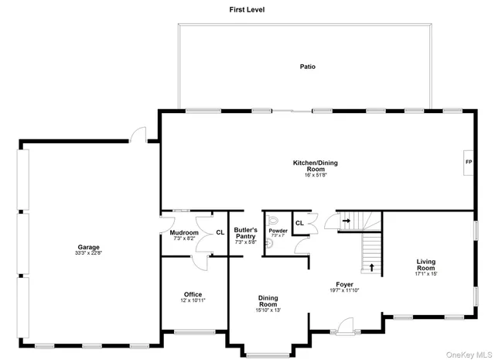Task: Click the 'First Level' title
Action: click(x=247, y=9)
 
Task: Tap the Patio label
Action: click(x=307, y=67)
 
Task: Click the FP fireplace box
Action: click(x=468, y=162)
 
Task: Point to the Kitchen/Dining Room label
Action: click(x=315, y=166)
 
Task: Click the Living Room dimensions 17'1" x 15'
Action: click(x=426, y=274)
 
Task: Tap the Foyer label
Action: click(x=344, y=284)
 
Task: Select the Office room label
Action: click(x=193, y=293)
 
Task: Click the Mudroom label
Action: click(x=184, y=232)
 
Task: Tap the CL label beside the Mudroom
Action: click(x=220, y=231)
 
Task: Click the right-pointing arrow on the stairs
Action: click(x=346, y=221)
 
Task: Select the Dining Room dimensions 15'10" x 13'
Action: click(x=268, y=310)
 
